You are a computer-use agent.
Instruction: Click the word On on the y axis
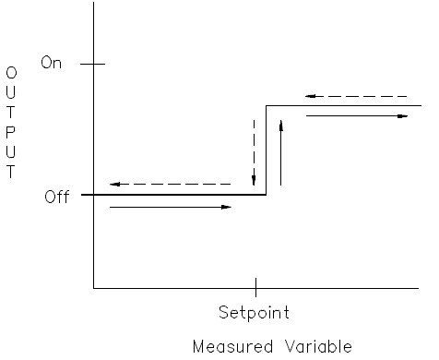click(51, 64)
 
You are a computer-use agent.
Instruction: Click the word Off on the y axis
click(56, 197)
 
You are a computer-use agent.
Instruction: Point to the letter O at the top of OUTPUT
click(11, 72)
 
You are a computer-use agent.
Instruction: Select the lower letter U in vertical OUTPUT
click(11, 153)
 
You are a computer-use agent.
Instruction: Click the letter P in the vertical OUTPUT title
click(11, 133)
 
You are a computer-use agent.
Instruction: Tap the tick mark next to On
click(94, 64)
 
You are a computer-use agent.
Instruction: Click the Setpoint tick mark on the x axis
click(255, 287)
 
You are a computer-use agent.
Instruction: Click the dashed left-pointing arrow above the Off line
click(170, 185)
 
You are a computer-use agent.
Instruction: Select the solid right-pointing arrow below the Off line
click(170, 207)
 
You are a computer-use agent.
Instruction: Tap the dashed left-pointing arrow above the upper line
click(356, 95)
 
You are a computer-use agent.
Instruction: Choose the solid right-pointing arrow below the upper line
click(356, 116)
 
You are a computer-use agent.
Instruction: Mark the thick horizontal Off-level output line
click(175, 195)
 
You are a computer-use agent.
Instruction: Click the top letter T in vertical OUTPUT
click(11, 113)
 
